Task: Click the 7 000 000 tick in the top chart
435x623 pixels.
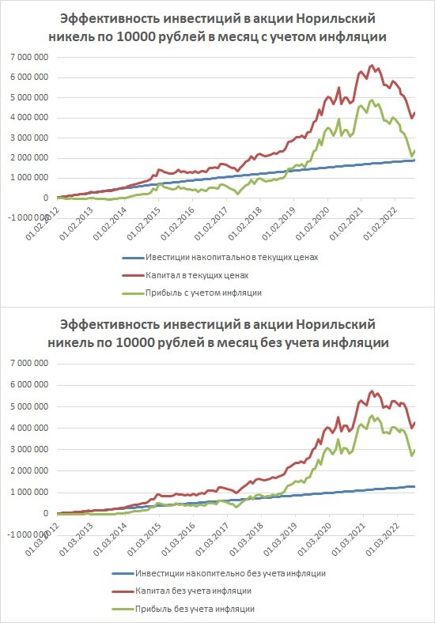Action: coord(29,57)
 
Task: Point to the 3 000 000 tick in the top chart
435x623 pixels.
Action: coord(29,138)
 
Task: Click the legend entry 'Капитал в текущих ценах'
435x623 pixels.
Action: coord(197,275)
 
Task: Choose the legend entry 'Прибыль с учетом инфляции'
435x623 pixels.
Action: coord(203,293)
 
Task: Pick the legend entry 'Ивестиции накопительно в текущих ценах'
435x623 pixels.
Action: coord(232,258)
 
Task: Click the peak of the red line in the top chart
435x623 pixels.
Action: coord(373,65)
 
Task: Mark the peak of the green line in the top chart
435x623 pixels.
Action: coord(372,100)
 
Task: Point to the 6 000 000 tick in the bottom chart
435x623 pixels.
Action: coord(29,384)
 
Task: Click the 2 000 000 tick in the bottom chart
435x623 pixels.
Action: coord(29,470)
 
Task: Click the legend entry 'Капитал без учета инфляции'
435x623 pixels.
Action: coord(193,591)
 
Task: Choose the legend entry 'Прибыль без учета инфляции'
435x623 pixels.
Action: coord(195,609)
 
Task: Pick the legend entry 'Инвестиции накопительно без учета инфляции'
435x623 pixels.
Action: coord(231,573)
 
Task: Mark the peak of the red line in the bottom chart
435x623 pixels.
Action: coord(373,391)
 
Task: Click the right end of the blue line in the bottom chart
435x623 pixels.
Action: coord(414,486)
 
